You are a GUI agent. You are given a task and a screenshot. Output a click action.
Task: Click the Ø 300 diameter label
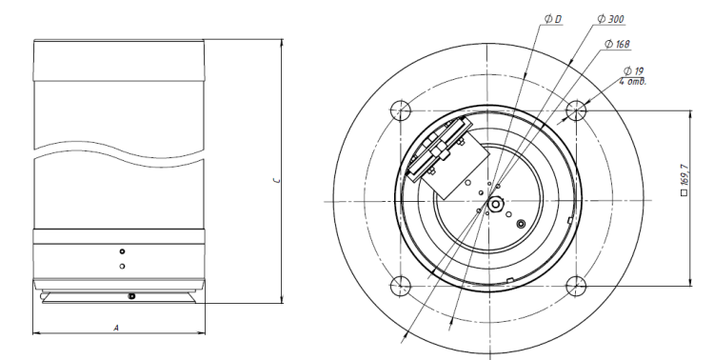610,19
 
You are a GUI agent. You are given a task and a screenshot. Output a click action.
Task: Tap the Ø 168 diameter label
617,44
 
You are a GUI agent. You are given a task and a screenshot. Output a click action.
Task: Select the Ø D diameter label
553,19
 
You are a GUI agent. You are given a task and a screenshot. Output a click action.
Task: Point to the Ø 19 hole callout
633,70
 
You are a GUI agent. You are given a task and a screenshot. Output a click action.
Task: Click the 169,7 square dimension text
684,174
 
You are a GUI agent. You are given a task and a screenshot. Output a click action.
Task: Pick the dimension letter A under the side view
116,328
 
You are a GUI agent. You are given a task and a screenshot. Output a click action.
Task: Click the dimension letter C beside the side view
276,180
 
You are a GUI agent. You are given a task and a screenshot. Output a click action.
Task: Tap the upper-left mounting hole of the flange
401,110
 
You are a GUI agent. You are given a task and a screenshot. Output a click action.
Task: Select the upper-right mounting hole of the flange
576,110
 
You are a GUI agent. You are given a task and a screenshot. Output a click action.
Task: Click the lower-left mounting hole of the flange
401,286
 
